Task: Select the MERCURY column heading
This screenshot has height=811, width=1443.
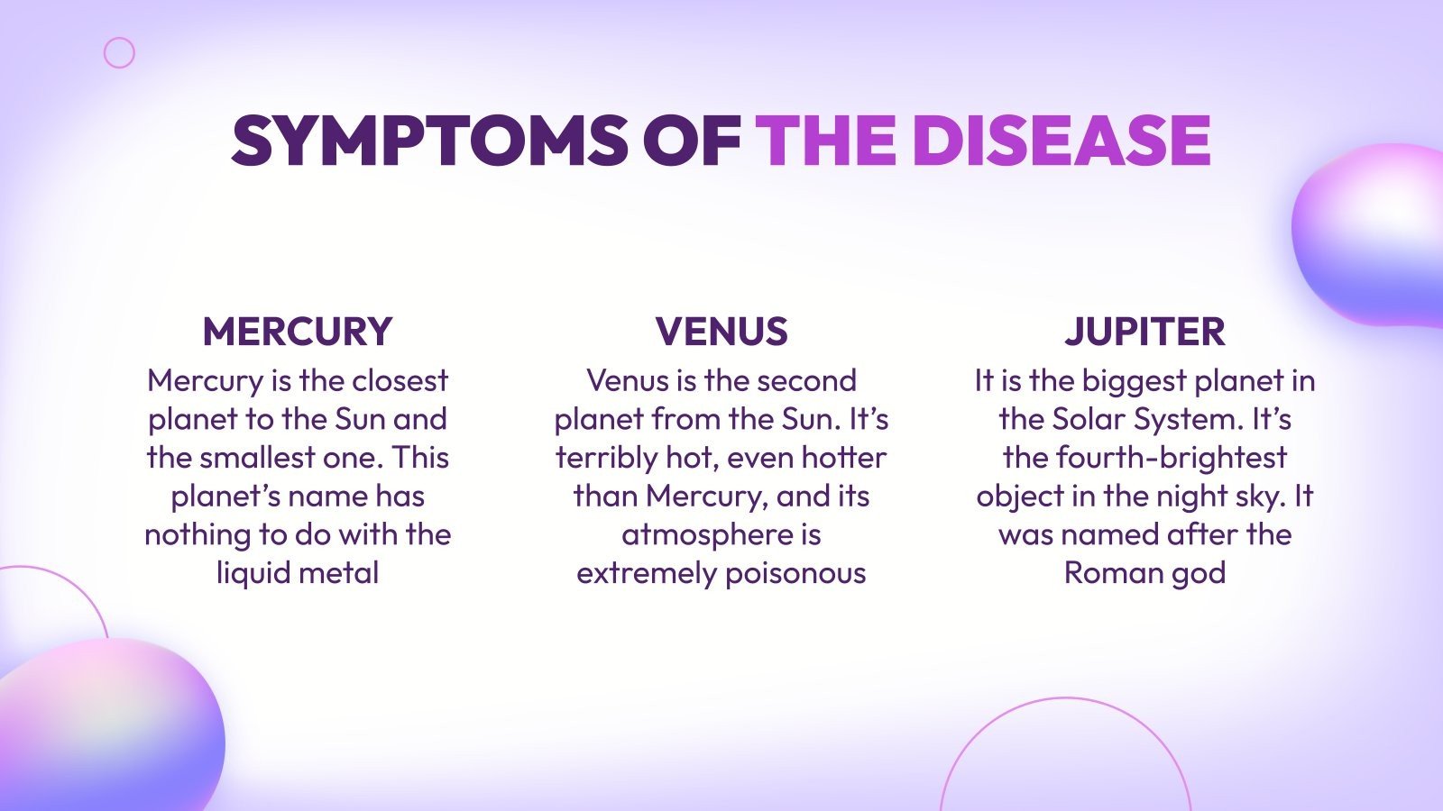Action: coord(298,332)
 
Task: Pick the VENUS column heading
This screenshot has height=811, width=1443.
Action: coord(721,332)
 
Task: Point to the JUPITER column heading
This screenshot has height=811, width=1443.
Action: coord(1144,332)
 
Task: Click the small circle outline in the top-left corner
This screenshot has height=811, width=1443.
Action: coord(119,53)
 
